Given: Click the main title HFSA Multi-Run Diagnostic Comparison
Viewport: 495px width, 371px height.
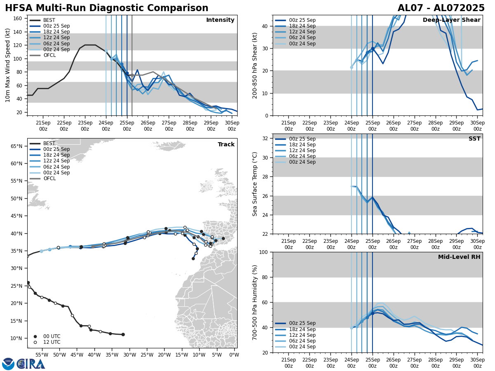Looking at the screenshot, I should (x=106, y=8).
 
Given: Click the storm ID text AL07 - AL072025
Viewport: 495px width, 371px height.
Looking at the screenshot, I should (x=441, y=8).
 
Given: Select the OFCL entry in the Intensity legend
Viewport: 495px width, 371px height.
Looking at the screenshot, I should (x=49, y=55).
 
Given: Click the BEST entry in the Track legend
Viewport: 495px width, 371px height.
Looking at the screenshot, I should (x=49, y=143).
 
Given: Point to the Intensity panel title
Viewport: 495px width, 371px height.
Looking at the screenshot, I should (x=220, y=20).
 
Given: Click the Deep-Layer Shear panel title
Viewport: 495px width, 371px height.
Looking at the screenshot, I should (x=451, y=20).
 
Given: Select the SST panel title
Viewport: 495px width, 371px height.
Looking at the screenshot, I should (x=474, y=139).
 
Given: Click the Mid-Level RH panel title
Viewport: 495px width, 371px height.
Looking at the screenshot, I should (x=459, y=257).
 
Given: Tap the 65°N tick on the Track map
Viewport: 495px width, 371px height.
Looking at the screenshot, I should (x=16, y=146).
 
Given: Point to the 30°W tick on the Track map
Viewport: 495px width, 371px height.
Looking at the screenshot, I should (x=129, y=355).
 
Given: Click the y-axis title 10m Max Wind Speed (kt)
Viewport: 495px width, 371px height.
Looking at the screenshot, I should (x=8, y=65).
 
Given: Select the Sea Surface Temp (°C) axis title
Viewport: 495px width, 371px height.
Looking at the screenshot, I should (x=255, y=184).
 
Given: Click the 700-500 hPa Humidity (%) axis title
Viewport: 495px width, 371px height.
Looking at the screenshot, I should (x=255, y=302).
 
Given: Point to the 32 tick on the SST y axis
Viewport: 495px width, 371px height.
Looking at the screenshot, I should (x=266, y=139).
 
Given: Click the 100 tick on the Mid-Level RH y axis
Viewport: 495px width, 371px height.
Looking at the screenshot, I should (x=264, y=252).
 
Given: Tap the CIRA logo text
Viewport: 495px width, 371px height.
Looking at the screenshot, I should (x=31, y=364).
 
